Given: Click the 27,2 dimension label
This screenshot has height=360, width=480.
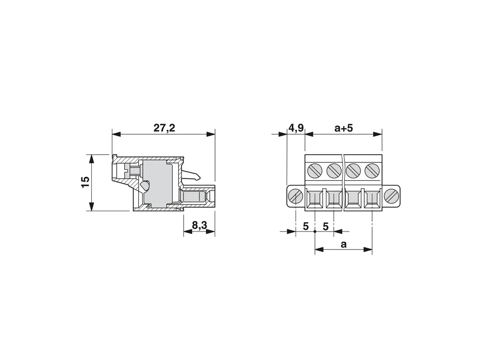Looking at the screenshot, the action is (164, 128).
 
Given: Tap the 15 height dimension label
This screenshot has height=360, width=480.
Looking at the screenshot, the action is (86, 183).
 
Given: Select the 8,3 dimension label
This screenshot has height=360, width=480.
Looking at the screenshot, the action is (200, 225).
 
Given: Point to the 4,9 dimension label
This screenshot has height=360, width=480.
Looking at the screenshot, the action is (296, 128).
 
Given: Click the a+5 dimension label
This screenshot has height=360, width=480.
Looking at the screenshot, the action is (344, 128).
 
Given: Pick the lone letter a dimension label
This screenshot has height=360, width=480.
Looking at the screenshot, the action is (344, 245).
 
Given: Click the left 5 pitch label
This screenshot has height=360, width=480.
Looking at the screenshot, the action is (305, 226).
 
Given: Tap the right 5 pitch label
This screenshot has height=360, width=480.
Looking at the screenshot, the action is (325, 226).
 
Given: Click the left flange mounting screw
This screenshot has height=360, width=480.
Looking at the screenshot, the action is (296, 196).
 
